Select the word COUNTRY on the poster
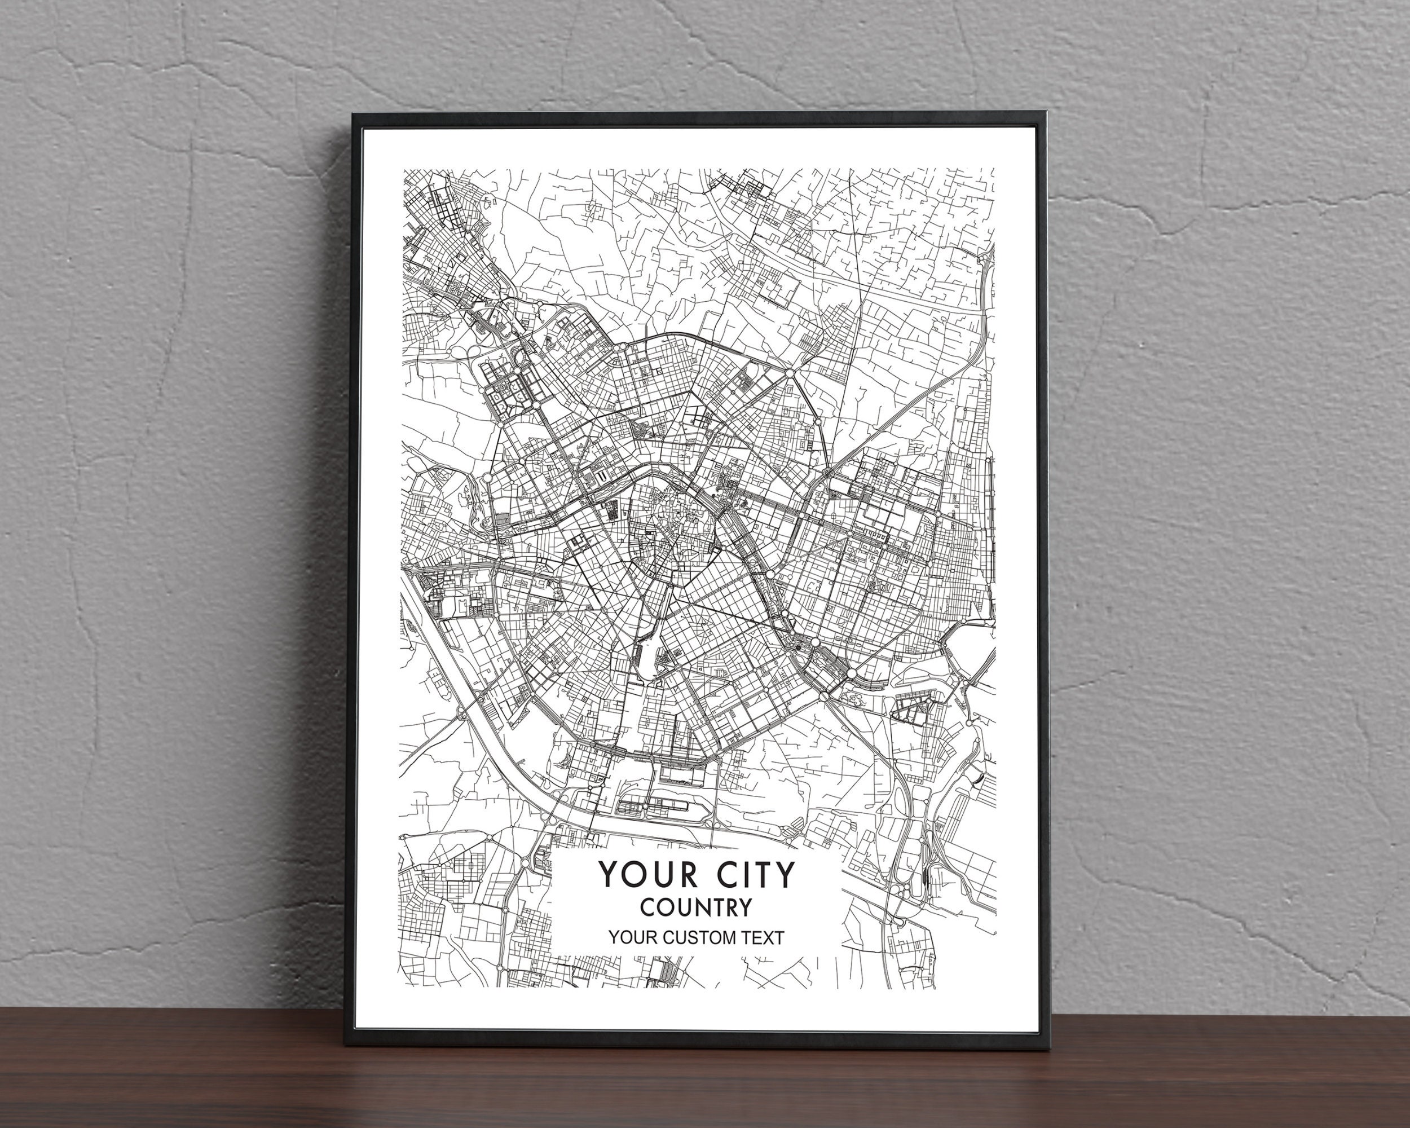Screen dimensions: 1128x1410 click(x=695, y=907)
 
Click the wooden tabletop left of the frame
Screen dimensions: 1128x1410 click(x=164, y=1072)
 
